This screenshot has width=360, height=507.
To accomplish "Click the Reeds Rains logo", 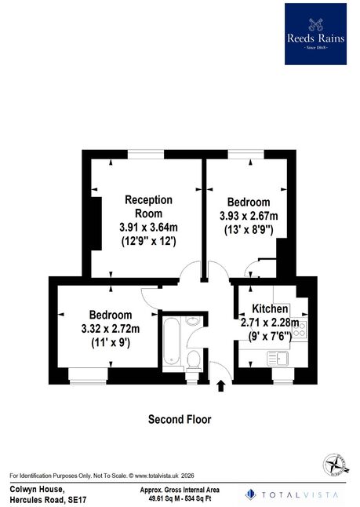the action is tap(315, 34).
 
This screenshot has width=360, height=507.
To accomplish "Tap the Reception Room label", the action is tap(149, 206).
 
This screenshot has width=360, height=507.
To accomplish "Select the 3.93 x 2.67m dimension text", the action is tap(249, 216).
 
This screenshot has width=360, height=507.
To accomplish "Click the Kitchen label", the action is tap(270, 308).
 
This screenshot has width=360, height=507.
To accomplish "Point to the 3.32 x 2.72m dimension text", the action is tap(111, 329).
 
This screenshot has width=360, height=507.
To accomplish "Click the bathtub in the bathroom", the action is tap(171, 341).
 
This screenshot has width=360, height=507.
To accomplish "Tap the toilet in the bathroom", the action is tap(194, 360).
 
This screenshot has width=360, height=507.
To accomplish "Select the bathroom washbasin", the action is tap(193, 321).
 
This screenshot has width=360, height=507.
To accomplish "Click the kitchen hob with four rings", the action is tap(300, 328).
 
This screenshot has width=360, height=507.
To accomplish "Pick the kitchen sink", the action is tap(278, 358).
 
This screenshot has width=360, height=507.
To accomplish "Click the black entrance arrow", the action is tap(220, 386).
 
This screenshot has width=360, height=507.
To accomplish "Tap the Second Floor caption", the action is tap(180, 419).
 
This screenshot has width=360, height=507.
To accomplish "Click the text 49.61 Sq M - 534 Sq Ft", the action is tap(180, 498).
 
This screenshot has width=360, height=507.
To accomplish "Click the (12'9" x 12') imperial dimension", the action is tap(149, 241).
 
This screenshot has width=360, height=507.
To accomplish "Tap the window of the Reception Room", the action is tap(146, 155).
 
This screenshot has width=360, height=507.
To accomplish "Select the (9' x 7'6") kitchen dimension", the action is tap(270, 336).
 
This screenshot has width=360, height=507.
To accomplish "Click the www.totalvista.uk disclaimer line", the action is tap(102, 476).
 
